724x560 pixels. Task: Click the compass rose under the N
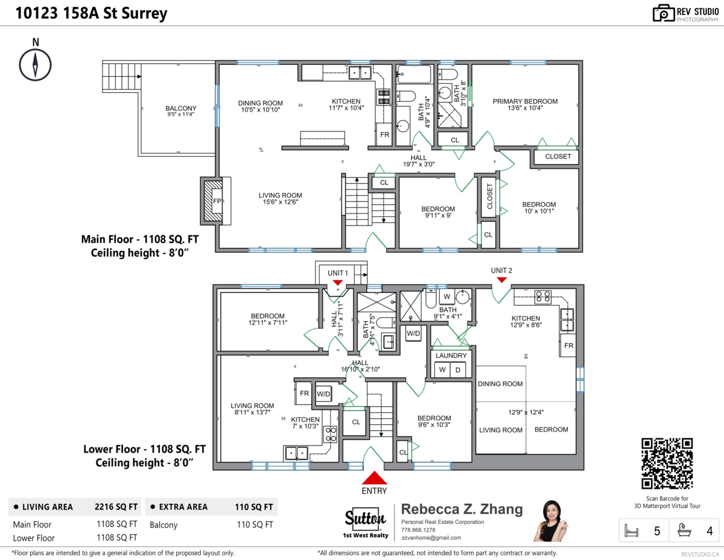tap(35, 65)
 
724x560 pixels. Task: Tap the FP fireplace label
tap(217, 201)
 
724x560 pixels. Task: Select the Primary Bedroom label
tap(525, 101)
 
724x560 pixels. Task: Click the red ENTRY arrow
tap(375, 477)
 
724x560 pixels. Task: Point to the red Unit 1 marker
tap(337, 283)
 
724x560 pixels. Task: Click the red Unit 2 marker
tap(501, 280)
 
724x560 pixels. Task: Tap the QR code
tap(667, 463)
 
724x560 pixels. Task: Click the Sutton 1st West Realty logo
tap(366, 523)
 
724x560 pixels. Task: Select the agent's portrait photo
tap(551, 521)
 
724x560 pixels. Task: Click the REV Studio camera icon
tap(663, 13)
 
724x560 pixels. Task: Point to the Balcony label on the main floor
tap(181, 108)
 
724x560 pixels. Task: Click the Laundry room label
tap(451, 356)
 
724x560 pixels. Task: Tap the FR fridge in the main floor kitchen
tap(384, 134)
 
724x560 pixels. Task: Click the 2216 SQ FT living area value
tap(116, 507)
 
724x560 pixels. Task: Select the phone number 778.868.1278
tap(418, 530)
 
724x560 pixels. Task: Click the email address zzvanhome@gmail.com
tap(431, 538)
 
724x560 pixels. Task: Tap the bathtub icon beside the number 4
tap(684, 530)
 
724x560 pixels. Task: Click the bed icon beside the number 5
tap(631, 531)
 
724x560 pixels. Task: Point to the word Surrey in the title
tap(144, 14)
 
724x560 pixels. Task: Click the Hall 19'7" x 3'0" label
tap(419, 161)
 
